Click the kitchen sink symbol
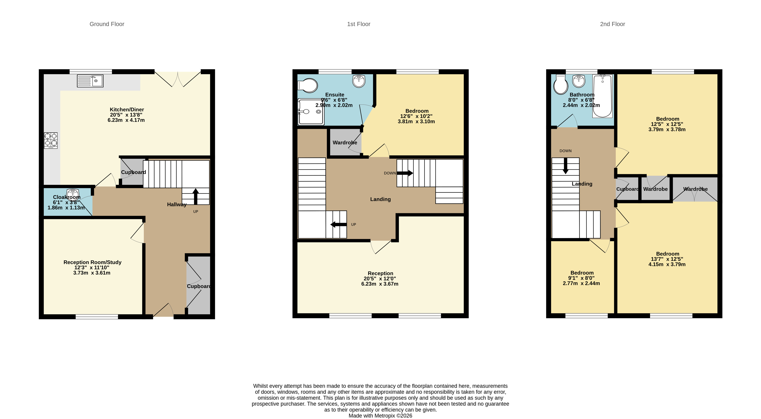coord(90,81)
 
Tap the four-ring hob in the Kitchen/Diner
coord(51,141)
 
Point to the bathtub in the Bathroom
coord(602,96)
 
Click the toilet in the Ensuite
coord(308,85)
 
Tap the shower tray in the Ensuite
coord(311,112)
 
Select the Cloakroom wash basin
coord(73,193)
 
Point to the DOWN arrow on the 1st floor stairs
coord(404,173)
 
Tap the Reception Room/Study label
coord(92,262)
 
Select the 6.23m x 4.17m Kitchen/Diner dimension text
coord(126,120)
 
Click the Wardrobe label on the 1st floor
coord(345,142)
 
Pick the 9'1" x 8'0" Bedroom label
coord(581,278)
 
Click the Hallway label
coord(177,204)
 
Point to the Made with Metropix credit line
coord(380,416)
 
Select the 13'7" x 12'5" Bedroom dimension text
coord(667,259)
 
